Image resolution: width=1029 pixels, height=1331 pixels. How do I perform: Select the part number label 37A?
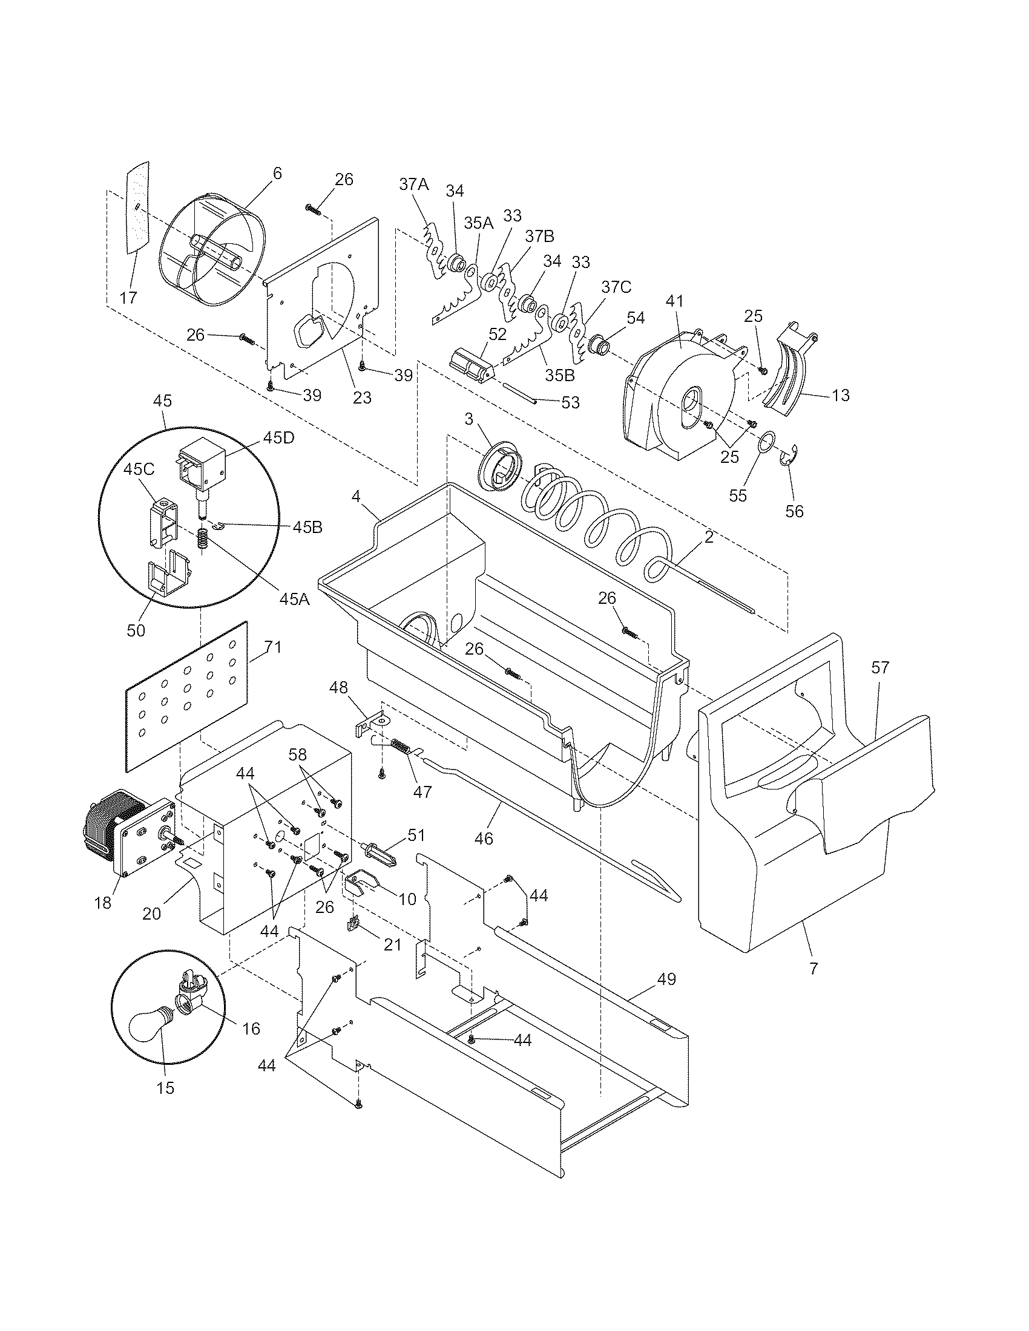414,185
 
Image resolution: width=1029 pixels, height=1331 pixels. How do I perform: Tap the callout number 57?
879,668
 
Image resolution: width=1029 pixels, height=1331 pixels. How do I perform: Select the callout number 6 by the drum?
277,174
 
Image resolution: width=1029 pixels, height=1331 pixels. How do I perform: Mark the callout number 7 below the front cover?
813,967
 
